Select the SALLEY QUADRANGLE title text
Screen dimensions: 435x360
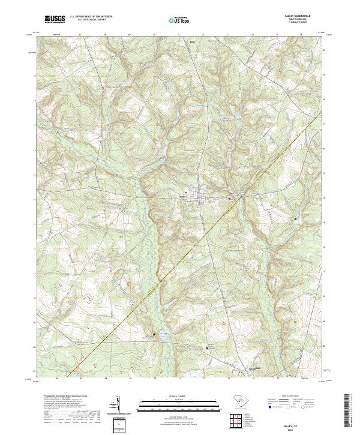pos(296,16)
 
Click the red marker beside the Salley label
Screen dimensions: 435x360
pos(187,193)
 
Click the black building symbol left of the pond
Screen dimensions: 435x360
pos(154,334)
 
